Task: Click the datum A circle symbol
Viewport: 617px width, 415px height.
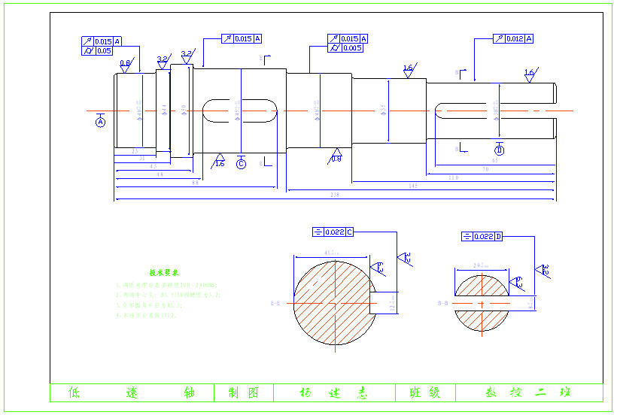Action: click(x=101, y=122)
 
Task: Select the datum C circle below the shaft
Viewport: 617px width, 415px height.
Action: click(x=241, y=164)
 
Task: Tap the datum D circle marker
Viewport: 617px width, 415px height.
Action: click(x=499, y=150)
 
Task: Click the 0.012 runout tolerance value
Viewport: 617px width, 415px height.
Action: click(x=515, y=38)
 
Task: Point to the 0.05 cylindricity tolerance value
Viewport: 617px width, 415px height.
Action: click(x=104, y=51)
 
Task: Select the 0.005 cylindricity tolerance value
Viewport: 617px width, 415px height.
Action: click(x=351, y=48)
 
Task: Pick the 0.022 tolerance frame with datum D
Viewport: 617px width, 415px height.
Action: click(x=482, y=237)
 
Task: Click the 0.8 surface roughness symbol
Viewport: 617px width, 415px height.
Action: click(x=126, y=65)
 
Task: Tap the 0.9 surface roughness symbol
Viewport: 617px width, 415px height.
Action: click(x=336, y=157)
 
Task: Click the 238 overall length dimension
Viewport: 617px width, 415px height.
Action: click(x=334, y=195)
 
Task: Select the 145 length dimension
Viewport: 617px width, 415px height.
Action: click(x=413, y=185)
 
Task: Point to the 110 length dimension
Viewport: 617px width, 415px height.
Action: click(x=453, y=177)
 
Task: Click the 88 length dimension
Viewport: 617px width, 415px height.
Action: click(x=196, y=183)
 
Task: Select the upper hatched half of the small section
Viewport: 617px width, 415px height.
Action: click(x=482, y=287)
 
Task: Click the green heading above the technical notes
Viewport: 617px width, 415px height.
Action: click(x=163, y=273)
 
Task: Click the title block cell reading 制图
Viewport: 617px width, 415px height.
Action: click(x=243, y=392)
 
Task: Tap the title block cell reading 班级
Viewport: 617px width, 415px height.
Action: click(x=425, y=392)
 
